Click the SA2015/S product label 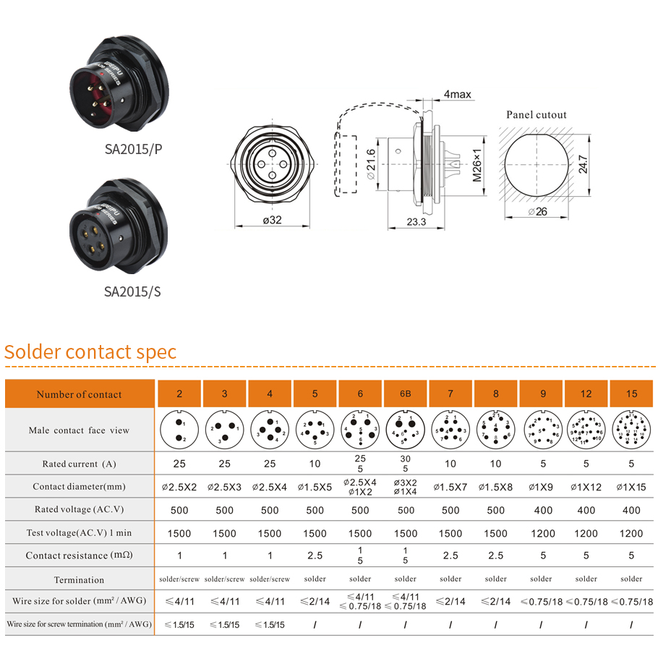tap(133, 292)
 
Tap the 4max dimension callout tap(458, 95)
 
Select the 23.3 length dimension tap(416, 222)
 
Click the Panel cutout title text tap(537, 114)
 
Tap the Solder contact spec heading tap(90, 352)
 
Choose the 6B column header tap(405, 394)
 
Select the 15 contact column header tap(631, 394)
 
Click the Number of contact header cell tap(80, 394)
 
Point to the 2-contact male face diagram tap(179, 430)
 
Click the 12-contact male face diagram tap(586, 430)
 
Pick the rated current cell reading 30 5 tap(405, 464)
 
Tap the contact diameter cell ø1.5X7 tap(450, 487)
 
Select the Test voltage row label tap(80, 533)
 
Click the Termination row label tap(80, 579)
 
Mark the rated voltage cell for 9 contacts tap(541, 510)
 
